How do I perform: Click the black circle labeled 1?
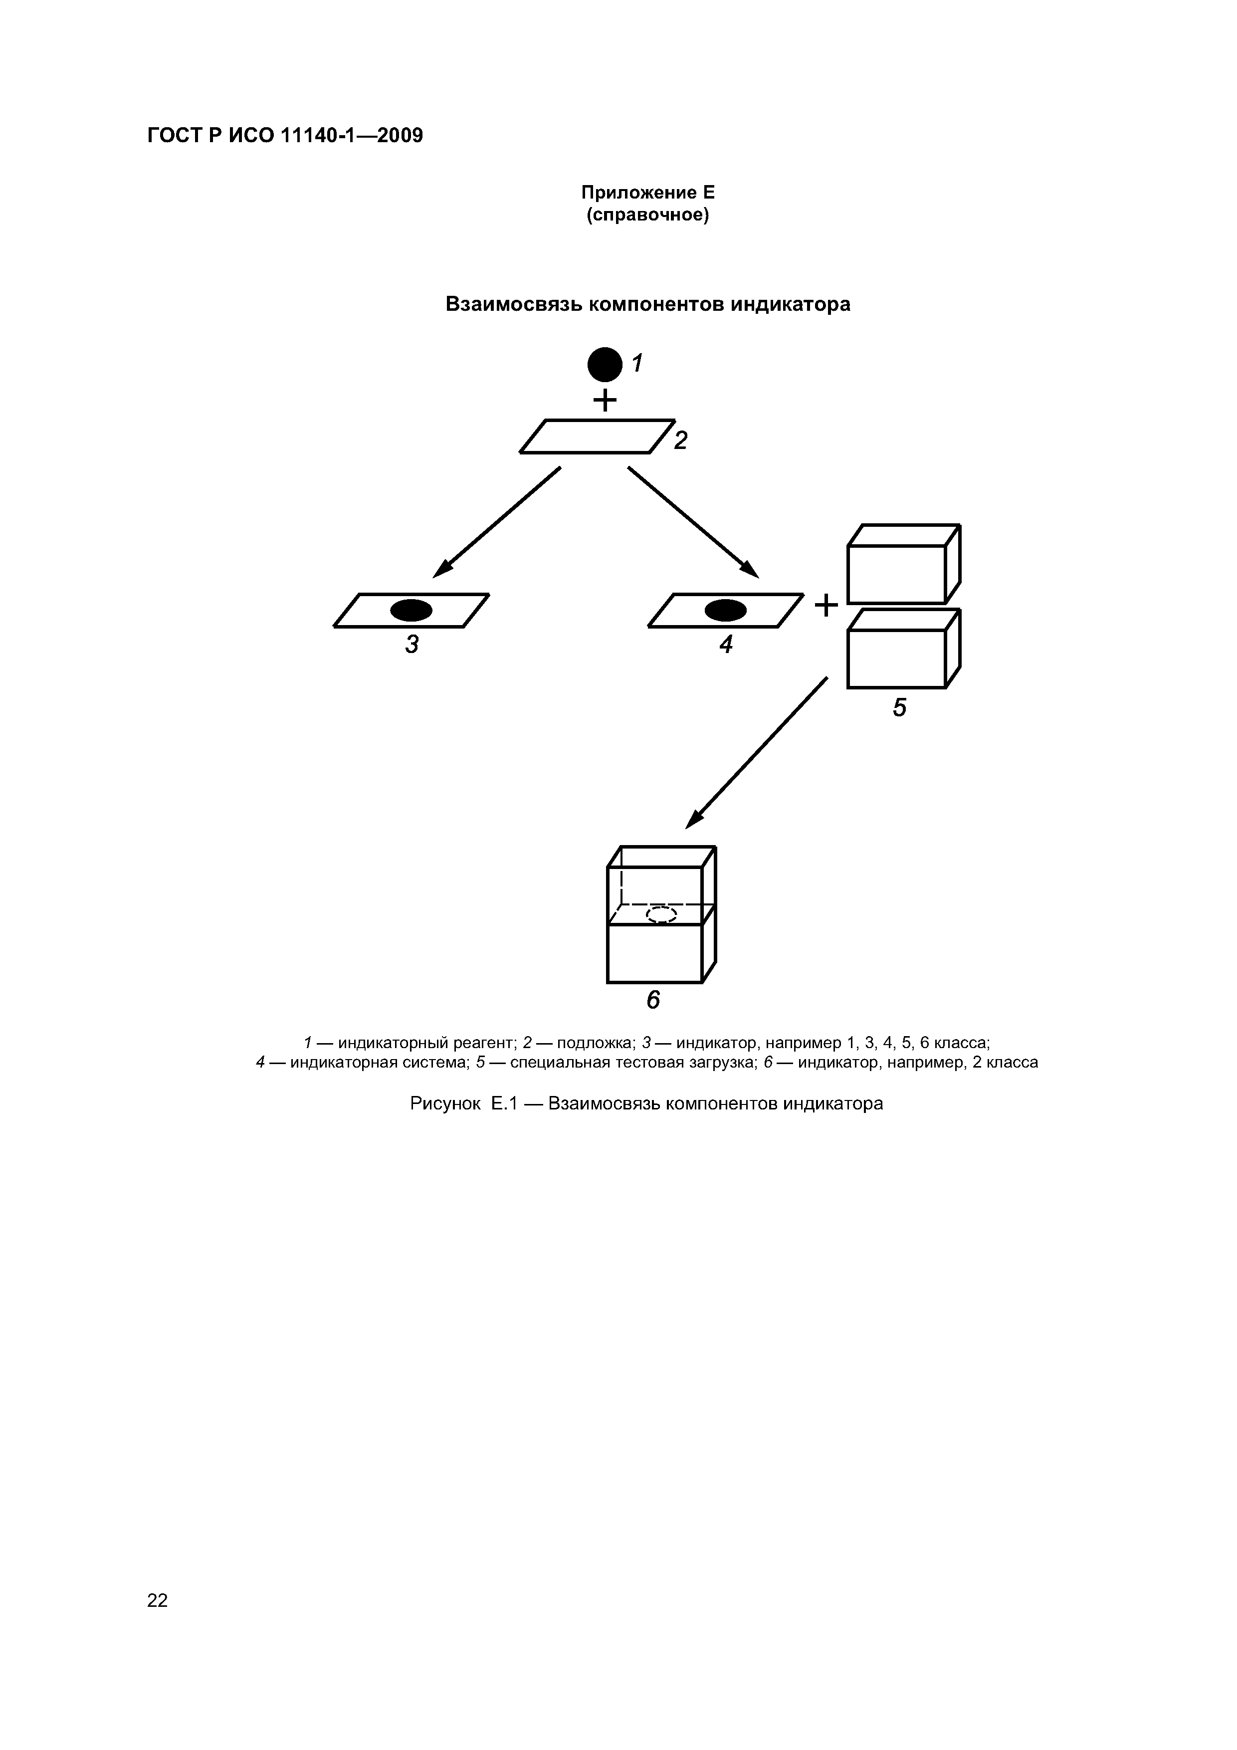pyautogui.click(x=605, y=364)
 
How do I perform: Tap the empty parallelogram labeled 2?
pyautogui.click(x=597, y=437)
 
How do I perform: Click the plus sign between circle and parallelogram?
pyautogui.click(x=605, y=400)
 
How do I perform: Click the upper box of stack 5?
pyautogui.click(x=904, y=564)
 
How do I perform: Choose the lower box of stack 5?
pyautogui.click(x=904, y=649)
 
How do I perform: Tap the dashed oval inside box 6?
pyautogui.click(x=661, y=914)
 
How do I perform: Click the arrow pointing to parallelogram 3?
pyautogui.click(x=497, y=522)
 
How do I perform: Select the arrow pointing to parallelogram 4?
pyautogui.click(x=694, y=522)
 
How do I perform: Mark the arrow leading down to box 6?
pyautogui.click(x=757, y=752)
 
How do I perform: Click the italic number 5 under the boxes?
pyautogui.click(x=900, y=708)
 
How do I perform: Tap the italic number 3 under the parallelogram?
pyautogui.click(x=412, y=645)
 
